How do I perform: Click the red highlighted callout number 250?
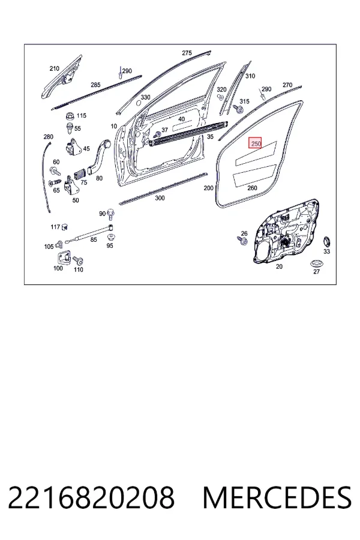(x=255, y=143)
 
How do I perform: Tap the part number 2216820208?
(x=91, y=497)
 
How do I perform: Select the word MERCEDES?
(x=277, y=497)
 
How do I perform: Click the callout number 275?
(x=187, y=53)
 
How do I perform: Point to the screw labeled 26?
(x=242, y=241)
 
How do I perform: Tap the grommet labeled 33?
(x=326, y=242)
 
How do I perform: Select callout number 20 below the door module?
(x=279, y=266)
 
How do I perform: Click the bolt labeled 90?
(x=110, y=214)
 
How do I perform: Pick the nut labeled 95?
(x=111, y=237)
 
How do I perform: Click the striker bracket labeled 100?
(x=62, y=258)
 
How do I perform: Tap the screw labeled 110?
(x=78, y=260)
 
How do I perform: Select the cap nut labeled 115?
(x=71, y=116)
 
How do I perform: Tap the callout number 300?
(x=160, y=198)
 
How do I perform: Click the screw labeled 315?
(x=238, y=109)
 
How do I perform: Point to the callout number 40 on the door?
(x=182, y=119)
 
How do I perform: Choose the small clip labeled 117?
(x=64, y=227)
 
